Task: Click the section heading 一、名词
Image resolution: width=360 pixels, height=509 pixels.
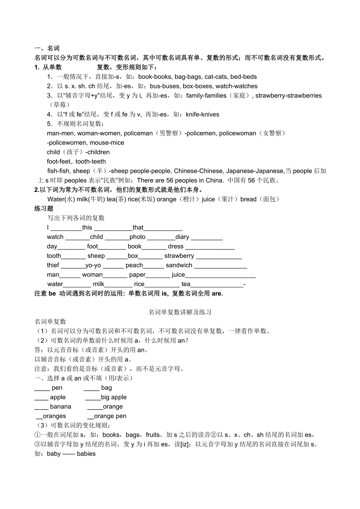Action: tap(47, 48)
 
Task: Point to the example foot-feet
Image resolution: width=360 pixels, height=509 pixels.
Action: tap(59, 161)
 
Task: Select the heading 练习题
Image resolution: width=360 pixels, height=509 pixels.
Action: tap(44, 209)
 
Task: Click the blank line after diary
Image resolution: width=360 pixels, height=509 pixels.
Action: tap(207, 238)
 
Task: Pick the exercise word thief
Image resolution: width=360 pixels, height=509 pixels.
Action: tap(53, 265)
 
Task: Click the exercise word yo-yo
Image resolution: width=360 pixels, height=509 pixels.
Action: tap(93, 265)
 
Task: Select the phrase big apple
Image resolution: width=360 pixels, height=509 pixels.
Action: tap(114, 397)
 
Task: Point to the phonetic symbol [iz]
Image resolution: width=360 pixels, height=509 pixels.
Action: tap(186, 444)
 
